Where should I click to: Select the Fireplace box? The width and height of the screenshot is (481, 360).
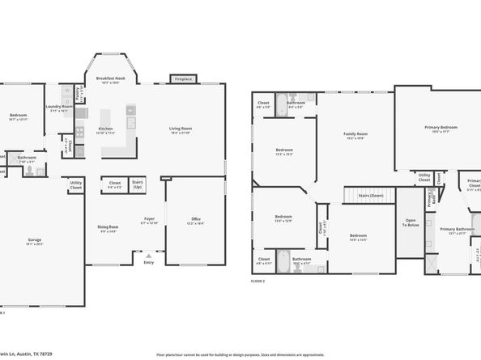click(x=183, y=79)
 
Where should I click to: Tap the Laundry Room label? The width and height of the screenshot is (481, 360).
click(x=59, y=108)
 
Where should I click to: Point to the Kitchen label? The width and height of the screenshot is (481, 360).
click(x=105, y=130)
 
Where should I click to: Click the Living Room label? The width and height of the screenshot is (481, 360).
click(x=180, y=130)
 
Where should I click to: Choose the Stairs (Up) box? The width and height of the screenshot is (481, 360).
click(x=138, y=184)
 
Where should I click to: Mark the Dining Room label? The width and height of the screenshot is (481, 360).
click(x=108, y=229)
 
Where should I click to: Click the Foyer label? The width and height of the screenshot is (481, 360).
click(x=149, y=220)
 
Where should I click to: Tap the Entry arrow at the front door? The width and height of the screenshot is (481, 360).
click(x=147, y=254)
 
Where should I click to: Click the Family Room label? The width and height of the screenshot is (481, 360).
click(x=355, y=136)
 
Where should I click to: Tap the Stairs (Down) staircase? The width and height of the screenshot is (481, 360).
click(x=369, y=196)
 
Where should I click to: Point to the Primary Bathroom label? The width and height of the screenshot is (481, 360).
click(x=457, y=231)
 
